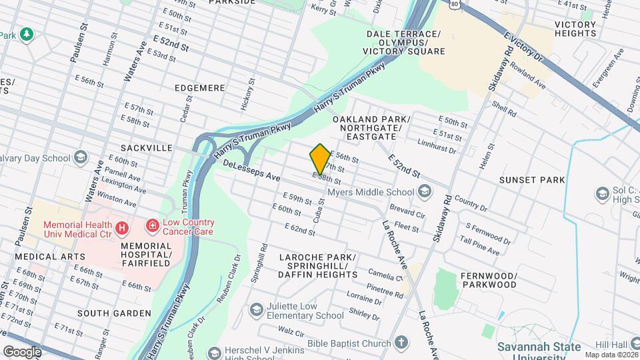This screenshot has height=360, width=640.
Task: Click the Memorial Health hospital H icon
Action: [121, 229]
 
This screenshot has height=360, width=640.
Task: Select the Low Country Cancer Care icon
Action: [153, 227]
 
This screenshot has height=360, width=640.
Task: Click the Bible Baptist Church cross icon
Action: [400, 343]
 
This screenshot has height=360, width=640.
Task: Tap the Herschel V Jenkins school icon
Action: [214, 353]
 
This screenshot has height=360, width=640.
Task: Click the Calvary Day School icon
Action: [81, 158]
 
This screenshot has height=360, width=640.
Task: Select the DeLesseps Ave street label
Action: [251, 171]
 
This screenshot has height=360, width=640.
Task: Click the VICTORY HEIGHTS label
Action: [575, 29]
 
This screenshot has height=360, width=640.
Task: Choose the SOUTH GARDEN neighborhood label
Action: [114, 313]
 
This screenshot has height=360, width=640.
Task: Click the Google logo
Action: [22, 351]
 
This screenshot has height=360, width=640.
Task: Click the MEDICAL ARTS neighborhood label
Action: [50, 257]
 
